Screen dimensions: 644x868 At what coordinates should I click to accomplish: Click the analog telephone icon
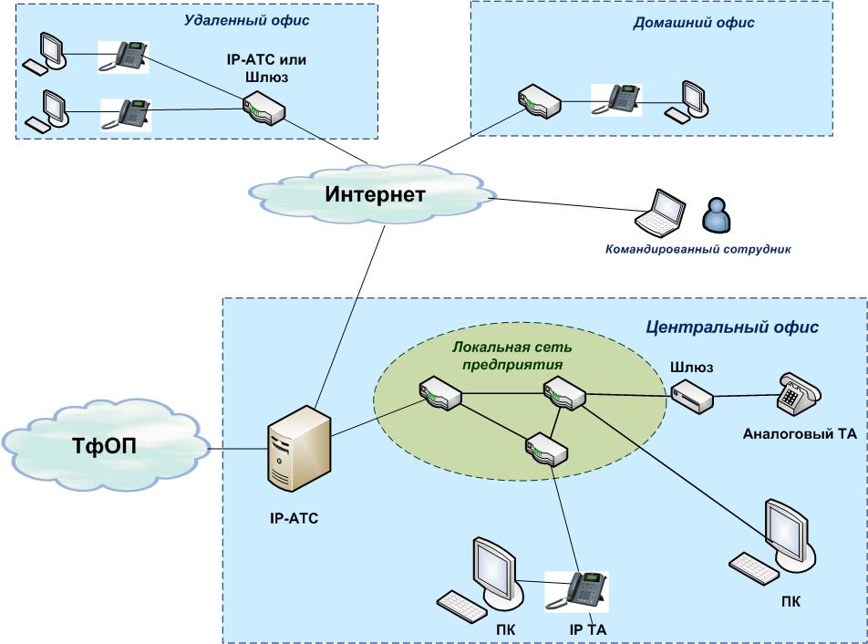click(x=798, y=394)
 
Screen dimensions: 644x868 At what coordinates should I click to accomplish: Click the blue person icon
click(x=717, y=215)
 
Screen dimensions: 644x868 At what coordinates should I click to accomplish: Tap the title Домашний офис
click(x=694, y=24)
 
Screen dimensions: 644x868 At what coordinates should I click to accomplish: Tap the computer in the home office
click(x=690, y=99)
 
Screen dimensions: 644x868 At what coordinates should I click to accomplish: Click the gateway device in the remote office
click(x=264, y=109)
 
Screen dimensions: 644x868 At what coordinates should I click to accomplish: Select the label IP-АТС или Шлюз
click(x=265, y=69)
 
